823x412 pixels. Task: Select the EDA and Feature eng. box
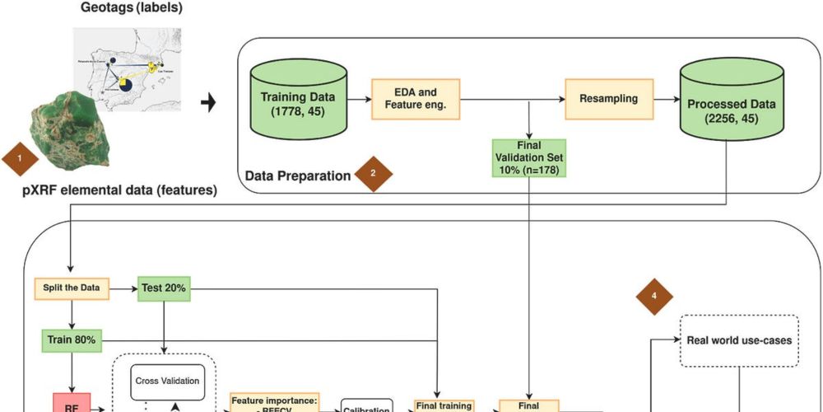click(x=415, y=98)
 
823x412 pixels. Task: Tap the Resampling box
click(x=609, y=98)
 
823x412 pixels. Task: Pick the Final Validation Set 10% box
click(x=530, y=158)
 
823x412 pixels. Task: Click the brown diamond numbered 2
click(x=373, y=173)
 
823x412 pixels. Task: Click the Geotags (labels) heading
click(x=132, y=8)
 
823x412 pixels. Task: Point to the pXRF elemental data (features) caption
click(x=120, y=190)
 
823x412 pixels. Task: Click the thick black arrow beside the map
click(x=209, y=104)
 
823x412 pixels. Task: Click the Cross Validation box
click(x=167, y=382)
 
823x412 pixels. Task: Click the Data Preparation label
click(x=299, y=176)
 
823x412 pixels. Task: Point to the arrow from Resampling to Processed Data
click(x=666, y=98)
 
